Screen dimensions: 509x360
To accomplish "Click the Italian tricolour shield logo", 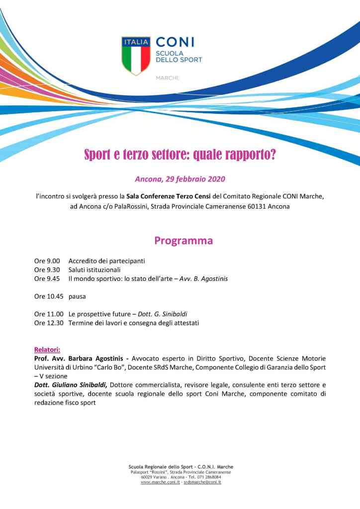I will coord(136,55).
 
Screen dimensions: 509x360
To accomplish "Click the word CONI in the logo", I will coord(175,42).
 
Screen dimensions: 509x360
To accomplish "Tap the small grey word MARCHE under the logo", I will coord(168,78).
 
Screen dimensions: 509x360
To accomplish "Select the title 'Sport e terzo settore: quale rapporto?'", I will coord(180,155).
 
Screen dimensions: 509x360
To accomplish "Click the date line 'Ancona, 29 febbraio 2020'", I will coord(180,178).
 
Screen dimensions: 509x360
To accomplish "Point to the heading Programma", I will coord(183,241).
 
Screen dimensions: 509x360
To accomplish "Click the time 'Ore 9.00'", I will coord(47,260).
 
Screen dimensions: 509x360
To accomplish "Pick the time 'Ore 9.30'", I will coord(47,269).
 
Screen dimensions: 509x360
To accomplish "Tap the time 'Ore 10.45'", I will coord(49,296).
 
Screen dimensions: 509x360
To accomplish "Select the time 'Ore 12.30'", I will coord(49,323).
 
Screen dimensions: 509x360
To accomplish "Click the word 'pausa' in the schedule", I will coord(77,296).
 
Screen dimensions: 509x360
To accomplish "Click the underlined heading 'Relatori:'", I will coord(47,349).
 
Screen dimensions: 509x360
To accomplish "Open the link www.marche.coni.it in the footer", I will coord(160,482).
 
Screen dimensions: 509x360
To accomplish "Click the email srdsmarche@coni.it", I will coord(202,482).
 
